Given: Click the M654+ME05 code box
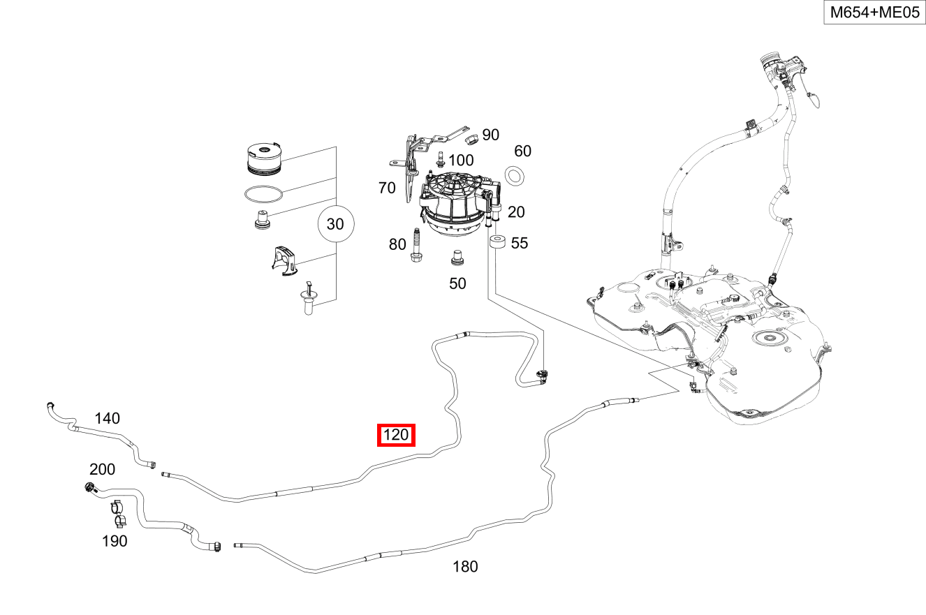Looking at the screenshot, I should point(874,13).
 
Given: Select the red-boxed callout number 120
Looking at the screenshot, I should point(396,436).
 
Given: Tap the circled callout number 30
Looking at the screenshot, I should point(336,224).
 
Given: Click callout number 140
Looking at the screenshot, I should point(107,418).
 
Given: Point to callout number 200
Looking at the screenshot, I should point(102,469).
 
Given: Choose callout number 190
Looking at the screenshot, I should point(115,541).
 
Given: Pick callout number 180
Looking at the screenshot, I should point(465,567).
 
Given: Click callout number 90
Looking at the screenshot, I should point(491,135).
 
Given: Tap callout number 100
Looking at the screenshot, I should point(461,161).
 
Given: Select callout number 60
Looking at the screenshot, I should point(523,151).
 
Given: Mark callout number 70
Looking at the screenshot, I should point(387,187).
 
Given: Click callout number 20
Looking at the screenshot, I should point(516,212).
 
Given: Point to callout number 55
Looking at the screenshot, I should point(520,243).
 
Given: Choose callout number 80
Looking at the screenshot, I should point(397,244).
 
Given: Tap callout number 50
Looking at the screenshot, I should point(457,283).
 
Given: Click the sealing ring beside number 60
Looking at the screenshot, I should point(515,175).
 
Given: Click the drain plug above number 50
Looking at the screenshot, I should point(458,258).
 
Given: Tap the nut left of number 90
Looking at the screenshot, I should point(471,135).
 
